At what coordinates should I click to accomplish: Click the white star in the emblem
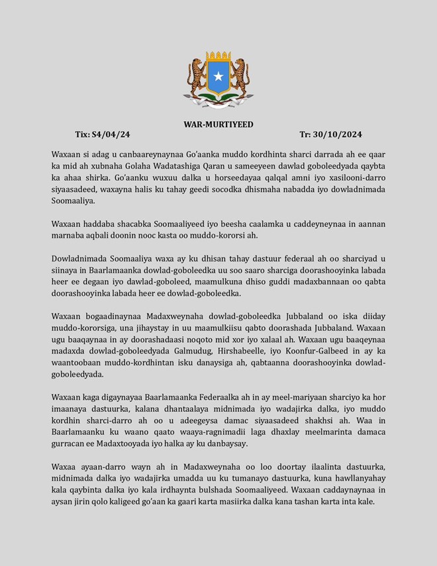point(218,76)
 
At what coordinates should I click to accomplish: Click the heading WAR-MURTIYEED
point(218,124)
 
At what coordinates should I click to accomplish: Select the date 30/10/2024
point(340,134)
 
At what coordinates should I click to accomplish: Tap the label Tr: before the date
point(307,134)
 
